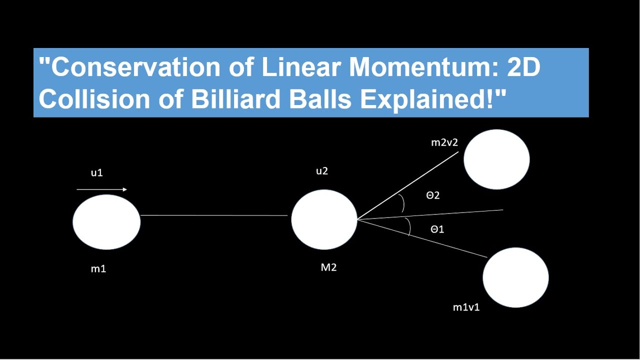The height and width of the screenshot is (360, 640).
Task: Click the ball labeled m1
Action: pos(106,222)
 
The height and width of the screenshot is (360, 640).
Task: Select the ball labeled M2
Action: pos(324,219)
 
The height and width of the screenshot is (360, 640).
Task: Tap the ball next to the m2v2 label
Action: pos(496,159)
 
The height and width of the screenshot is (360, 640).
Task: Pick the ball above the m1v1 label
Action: pos(515,277)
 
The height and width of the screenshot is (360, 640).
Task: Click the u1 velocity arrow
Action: pos(102,189)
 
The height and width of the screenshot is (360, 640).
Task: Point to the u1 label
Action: pos(96,173)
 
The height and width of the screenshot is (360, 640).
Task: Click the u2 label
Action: pos(322,171)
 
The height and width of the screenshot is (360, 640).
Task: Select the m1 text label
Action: pos(98,269)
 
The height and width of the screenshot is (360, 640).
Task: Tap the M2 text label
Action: pos(328,267)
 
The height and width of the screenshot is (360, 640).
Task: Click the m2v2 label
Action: pos(444,143)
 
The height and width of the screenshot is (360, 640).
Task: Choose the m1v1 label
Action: pos(466,307)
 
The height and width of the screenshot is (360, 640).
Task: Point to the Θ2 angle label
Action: pos(433,195)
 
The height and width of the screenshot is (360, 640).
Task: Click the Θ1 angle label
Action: pos(437,229)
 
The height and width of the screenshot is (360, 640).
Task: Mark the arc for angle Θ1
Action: pos(409,227)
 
